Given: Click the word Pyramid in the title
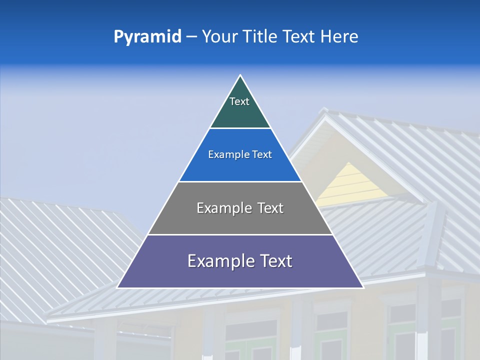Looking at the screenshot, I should [x=147, y=37].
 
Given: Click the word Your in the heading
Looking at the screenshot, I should [x=220, y=37].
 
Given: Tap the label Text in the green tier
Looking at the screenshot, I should [x=239, y=101].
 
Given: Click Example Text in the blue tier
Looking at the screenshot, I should [x=240, y=154].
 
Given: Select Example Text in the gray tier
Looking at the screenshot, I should [x=240, y=208].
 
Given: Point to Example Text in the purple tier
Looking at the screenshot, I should [x=240, y=261].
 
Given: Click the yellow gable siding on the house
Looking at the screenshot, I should [x=352, y=185].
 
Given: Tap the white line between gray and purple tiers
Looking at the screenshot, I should [x=240, y=234].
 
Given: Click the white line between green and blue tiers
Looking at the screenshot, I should [x=240, y=128].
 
